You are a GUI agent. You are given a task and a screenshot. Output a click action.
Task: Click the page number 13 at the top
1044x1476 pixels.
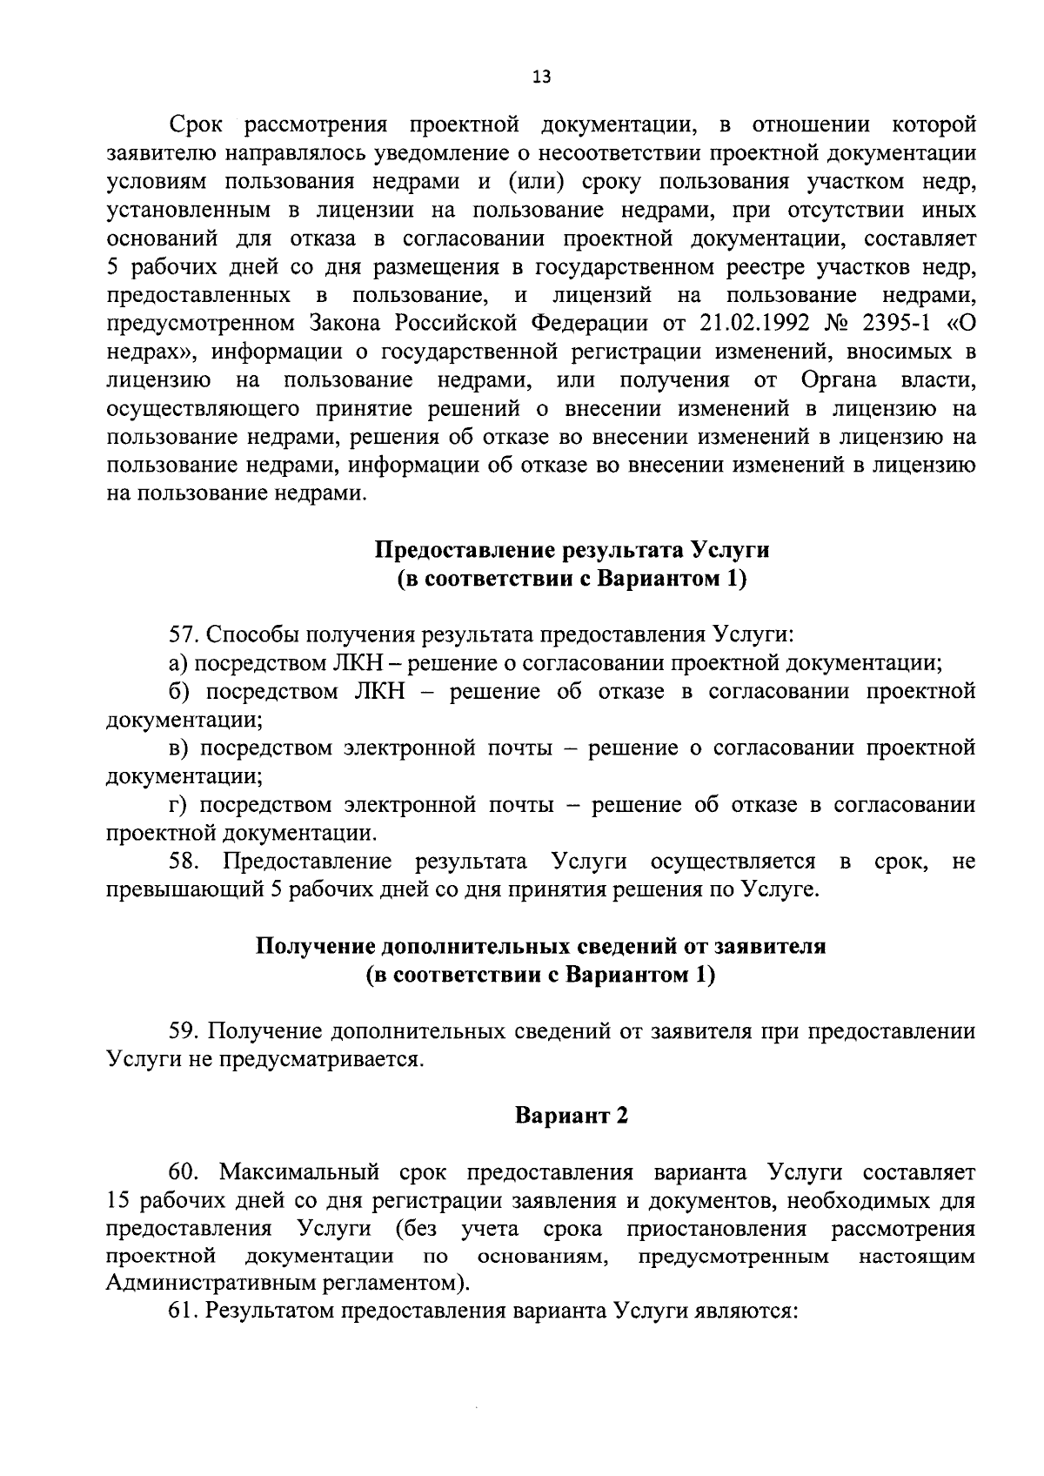[x=541, y=77]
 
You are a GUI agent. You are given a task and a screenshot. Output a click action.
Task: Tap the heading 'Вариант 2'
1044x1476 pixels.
[x=572, y=1116]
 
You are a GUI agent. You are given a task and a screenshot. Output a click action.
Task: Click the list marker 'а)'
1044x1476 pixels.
[x=179, y=663]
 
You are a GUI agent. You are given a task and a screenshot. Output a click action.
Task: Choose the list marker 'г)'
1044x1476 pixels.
[x=177, y=805]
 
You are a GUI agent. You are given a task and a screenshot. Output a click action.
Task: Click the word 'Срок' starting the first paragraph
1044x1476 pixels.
[x=196, y=124]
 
